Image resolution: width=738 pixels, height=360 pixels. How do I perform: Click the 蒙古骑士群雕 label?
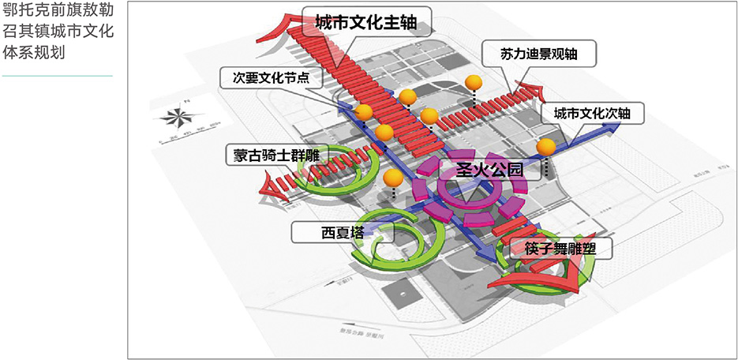270,155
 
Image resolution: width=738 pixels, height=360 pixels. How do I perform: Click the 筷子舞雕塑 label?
557,250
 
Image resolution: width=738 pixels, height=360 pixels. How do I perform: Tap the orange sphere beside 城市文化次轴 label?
545,147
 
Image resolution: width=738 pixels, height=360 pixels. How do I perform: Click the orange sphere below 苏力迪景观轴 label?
474,82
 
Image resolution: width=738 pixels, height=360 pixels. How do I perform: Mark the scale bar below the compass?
183,141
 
